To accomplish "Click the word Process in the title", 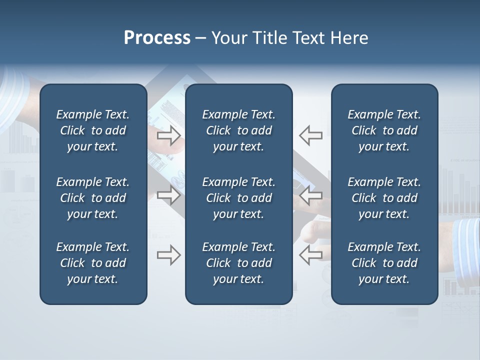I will click(157, 38).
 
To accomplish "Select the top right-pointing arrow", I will click(169, 135).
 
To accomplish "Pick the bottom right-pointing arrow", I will click(169, 255).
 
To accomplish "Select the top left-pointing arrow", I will click(310, 135).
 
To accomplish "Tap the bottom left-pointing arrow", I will click(310, 255).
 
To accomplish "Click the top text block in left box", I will click(93, 130).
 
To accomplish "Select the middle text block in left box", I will click(93, 198).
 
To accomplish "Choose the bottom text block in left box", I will click(93, 263).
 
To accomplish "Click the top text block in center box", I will click(238, 130).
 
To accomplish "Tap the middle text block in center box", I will click(238, 198).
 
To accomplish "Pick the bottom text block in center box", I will click(238, 263).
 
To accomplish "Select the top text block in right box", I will click(384, 130).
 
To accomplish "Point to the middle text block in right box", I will click(384, 198).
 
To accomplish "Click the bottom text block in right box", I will click(384, 263).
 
